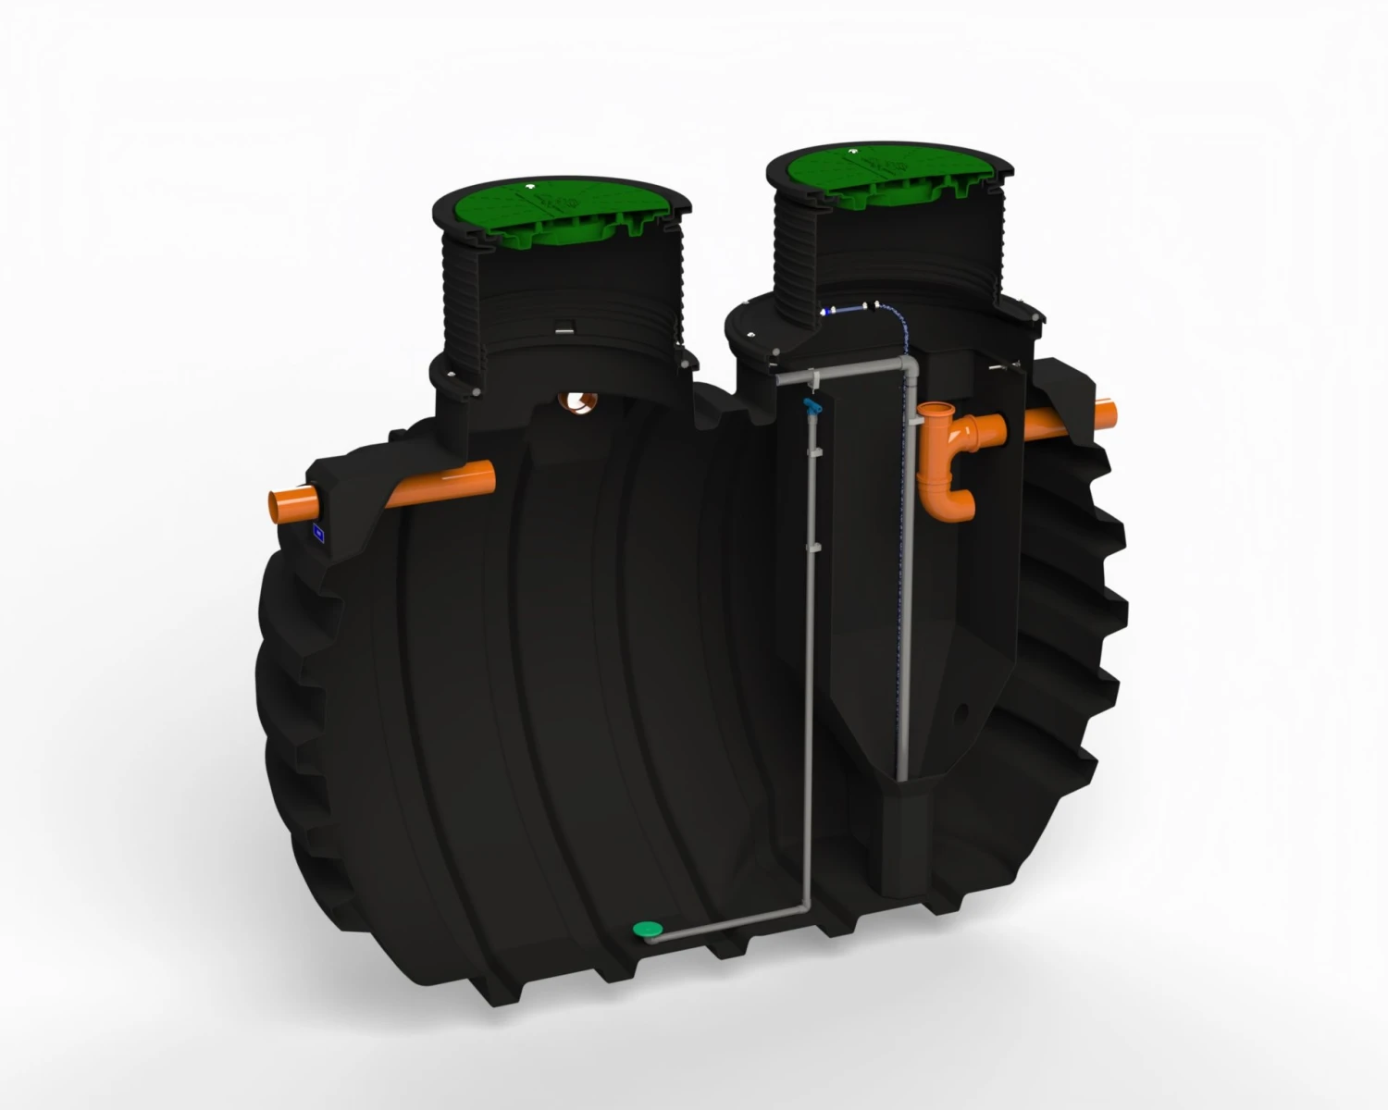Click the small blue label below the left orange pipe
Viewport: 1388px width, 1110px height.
click(x=318, y=532)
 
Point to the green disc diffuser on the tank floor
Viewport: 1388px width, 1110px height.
click(x=645, y=928)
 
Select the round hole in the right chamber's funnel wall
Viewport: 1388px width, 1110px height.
click(x=966, y=713)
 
